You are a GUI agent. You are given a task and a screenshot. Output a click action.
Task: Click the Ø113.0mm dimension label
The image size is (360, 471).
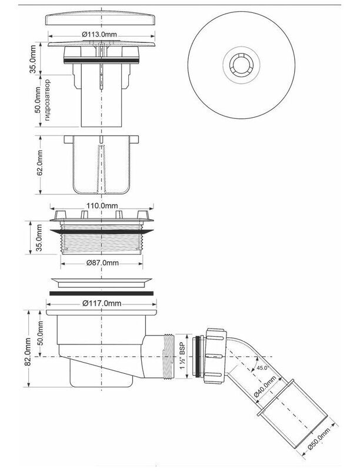click(99, 34)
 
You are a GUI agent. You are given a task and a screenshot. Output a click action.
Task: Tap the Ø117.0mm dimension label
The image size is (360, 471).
click(102, 303)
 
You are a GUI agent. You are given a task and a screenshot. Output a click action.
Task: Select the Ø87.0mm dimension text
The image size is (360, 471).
click(102, 263)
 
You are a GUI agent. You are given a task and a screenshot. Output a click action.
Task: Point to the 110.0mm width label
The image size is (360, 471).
click(102, 206)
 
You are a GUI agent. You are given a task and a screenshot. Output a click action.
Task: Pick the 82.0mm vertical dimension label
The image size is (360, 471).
click(28, 351)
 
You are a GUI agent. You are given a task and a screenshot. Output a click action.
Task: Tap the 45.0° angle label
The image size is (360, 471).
click(262, 367)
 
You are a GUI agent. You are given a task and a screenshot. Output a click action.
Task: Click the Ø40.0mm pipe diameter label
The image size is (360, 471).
click(265, 386)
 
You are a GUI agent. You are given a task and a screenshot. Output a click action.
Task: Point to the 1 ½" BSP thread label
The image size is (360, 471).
click(183, 357)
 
